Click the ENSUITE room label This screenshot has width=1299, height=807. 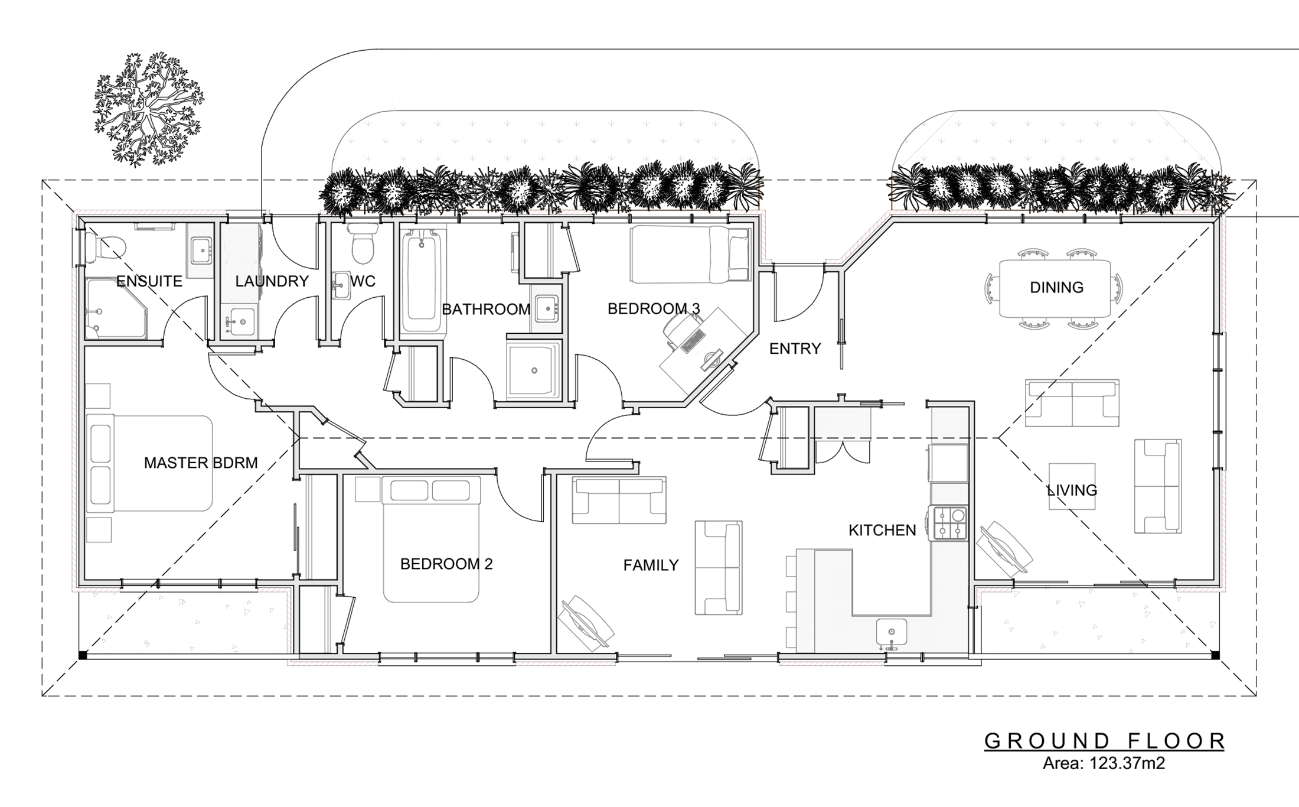point(149,281)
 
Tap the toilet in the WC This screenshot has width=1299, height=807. point(361,243)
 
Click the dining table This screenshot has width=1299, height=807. point(1055,288)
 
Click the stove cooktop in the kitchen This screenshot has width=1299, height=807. point(948,523)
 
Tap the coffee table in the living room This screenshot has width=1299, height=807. point(1072,486)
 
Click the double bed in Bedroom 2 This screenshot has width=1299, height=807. point(431,539)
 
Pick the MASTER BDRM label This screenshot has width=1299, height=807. point(201,463)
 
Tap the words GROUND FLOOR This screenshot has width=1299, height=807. point(1104,741)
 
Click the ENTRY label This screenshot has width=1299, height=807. point(795,349)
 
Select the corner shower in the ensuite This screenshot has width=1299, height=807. point(116,308)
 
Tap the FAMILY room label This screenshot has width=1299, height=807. point(651,565)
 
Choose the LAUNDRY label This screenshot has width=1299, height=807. point(272,281)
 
